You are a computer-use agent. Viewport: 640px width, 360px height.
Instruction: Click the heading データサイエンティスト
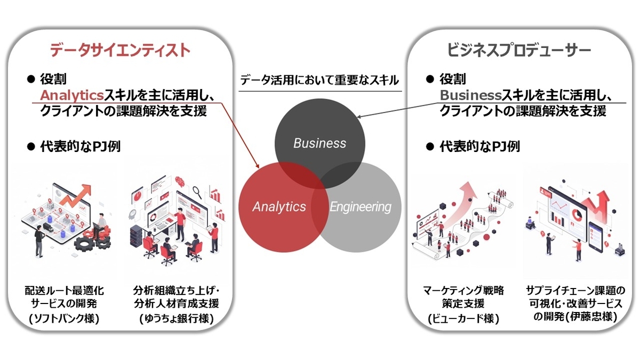pyautogui.click(x=120, y=50)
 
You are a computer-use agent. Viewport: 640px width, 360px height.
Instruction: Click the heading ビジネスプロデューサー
pyautogui.click(x=519, y=50)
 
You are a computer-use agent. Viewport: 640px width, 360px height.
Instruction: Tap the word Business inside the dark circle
pyautogui.click(x=319, y=143)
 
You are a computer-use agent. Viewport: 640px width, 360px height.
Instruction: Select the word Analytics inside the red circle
pyautogui.click(x=279, y=206)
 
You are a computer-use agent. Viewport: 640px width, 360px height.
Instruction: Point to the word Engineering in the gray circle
pyautogui.click(x=361, y=207)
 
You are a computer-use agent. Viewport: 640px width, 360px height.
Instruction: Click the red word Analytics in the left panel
pyautogui.click(x=71, y=95)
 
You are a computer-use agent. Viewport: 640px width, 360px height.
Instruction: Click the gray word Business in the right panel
pyautogui.click(x=470, y=95)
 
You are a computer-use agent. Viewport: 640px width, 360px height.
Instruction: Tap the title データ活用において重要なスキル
pyautogui.click(x=319, y=80)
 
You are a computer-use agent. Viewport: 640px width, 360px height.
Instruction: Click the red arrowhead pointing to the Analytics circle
pyautogui.click(x=257, y=166)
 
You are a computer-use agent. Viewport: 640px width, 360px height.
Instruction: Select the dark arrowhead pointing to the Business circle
pyautogui.click(x=359, y=117)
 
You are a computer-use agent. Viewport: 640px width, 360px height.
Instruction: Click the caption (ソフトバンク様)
pyautogui.click(x=64, y=318)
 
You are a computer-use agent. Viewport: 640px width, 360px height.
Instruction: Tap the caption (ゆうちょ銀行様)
pyautogui.click(x=177, y=318)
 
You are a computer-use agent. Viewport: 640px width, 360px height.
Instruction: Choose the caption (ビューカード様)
pyautogui.click(x=463, y=318)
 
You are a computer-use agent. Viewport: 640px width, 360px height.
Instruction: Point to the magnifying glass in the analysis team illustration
pyautogui.click(x=197, y=193)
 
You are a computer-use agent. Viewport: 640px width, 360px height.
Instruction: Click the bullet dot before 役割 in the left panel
pyautogui.click(x=30, y=79)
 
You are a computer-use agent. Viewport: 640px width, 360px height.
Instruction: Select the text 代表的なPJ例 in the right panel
pyautogui.click(x=479, y=147)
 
